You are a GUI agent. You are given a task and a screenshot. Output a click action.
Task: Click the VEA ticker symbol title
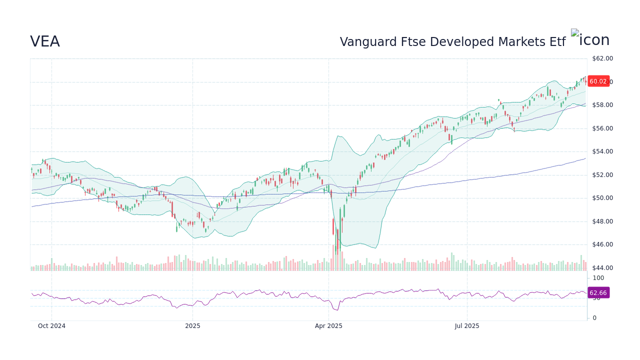click(45, 41)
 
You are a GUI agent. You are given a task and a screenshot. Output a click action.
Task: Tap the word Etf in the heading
click(556, 42)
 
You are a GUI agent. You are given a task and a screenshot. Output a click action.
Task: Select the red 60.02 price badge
click(598, 81)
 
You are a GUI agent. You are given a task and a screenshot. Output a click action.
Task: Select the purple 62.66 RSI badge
click(598, 293)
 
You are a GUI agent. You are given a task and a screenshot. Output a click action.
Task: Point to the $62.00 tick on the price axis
click(602, 58)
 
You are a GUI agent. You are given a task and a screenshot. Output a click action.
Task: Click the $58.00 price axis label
click(602, 105)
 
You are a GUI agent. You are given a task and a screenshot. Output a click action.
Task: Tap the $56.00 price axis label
click(602, 128)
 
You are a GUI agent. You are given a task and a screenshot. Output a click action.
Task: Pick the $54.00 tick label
click(602, 151)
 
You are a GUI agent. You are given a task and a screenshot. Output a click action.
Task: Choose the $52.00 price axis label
click(602, 175)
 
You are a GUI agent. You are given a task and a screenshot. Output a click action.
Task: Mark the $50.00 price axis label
click(602, 198)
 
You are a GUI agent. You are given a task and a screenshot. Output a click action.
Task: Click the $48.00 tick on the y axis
click(602, 221)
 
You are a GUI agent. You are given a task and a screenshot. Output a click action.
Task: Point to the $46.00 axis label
click(602, 244)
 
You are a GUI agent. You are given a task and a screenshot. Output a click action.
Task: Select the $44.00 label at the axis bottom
click(602, 268)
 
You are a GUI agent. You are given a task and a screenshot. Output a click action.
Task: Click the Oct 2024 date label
click(51, 326)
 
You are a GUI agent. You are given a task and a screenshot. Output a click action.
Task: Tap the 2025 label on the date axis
click(192, 326)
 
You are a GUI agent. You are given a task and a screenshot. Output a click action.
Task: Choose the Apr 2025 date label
click(328, 326)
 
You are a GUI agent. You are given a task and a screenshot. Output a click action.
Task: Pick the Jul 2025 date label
click(467, 326)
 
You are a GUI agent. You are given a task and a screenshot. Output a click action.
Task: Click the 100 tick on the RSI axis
click(598, 278)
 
